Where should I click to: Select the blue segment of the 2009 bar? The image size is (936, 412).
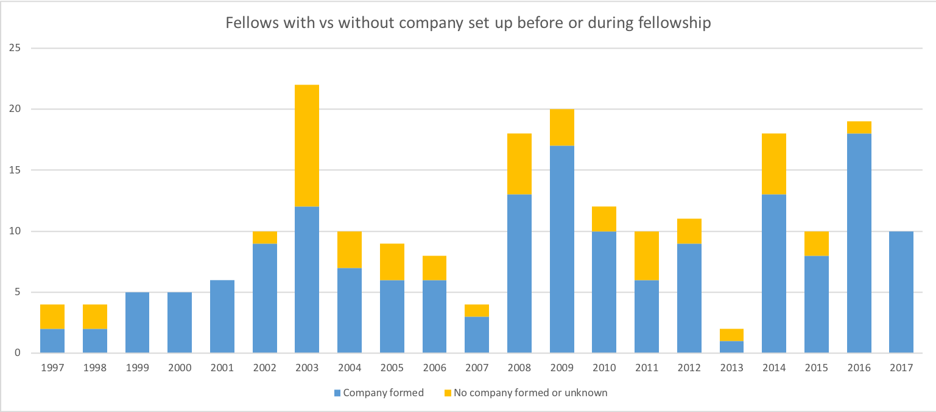(x=561, y=249)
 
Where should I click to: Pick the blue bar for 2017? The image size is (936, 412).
(x=901, y=292)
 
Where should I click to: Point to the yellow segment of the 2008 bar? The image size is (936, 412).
(x=519, y=164)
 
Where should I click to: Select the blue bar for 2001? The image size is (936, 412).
(x=222, y=316)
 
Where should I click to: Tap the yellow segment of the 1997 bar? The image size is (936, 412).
(x=52, y=316)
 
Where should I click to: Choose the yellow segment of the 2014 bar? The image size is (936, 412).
(x=774, y=164)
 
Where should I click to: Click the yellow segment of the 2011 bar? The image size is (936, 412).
(x=647, y=255)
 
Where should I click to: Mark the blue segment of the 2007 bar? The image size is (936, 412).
(x=477, y=334)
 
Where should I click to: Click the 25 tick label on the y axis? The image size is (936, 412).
(x=16, y=48)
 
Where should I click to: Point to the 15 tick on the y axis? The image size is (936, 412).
(x=16, y=170)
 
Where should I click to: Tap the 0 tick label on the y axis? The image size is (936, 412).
(x=19, y=353)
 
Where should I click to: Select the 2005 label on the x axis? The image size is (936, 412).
(x=392, y=368)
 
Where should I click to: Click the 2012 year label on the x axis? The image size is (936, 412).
(x=689, y=368)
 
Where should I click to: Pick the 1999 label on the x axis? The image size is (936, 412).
(x=137, y=368)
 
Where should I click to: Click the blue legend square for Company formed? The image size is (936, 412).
(x=337, y=393)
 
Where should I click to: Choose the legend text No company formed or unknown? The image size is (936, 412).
(x=530, y=393)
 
